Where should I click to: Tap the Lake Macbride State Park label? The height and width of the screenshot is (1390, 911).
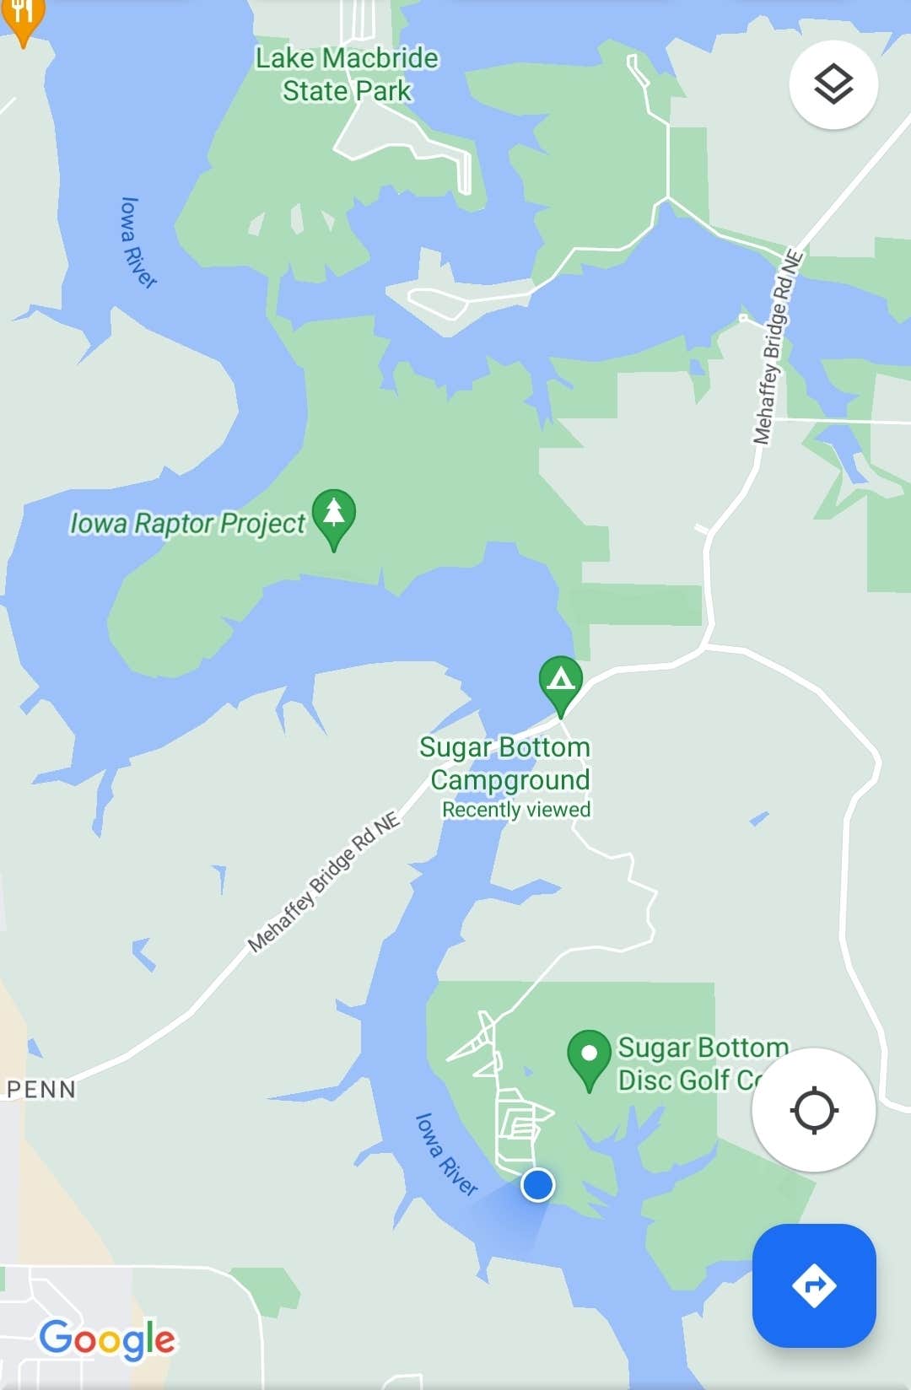(x=347, y=74)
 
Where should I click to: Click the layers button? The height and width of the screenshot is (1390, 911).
(x=833, y=84)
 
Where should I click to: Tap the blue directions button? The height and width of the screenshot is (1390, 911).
(x=814, y=1285)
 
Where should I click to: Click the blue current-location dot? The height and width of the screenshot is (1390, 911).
(x=537, y=1184)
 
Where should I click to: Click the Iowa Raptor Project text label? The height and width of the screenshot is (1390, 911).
(x=187, y=524)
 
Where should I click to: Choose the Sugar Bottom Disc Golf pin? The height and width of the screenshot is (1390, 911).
(x=589, y=1056)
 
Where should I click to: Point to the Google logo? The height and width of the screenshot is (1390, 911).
(x=108, y=1339)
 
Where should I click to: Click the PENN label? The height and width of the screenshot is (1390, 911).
(x=41, y=1089)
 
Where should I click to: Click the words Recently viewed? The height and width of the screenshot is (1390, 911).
(x=516, y=810)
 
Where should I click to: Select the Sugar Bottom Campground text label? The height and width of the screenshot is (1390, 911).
(x=506, y=763)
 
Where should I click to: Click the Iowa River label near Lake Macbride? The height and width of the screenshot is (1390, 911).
(x=137, y=243)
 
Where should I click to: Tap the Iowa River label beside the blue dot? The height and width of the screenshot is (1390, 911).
(x=445, y=1154)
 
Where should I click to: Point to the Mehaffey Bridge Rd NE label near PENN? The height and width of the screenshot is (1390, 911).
(x=324, y=881)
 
